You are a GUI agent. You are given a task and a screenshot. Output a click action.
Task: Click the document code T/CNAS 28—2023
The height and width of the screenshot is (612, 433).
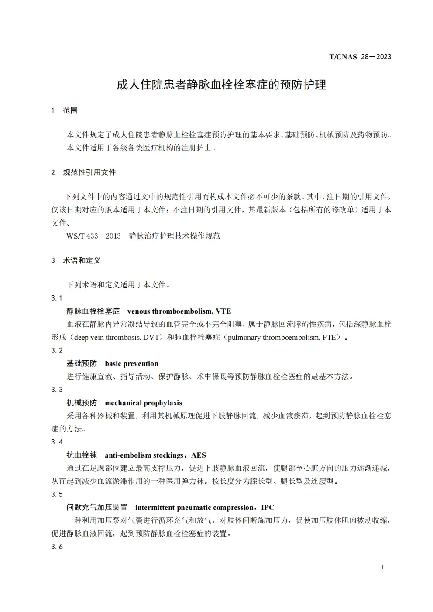point(360,57)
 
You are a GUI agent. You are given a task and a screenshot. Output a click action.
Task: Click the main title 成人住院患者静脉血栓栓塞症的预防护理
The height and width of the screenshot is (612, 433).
point(221,84)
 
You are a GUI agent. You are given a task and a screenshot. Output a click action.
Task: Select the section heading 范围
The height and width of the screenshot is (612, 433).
point(70,110)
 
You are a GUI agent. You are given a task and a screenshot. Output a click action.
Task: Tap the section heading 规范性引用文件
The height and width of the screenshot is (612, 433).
point(89,172)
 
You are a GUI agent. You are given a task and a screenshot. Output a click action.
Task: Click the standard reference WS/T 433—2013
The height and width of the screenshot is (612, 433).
point(93,236)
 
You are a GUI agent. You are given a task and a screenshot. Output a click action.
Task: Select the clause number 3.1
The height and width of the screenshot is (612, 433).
point(57,298)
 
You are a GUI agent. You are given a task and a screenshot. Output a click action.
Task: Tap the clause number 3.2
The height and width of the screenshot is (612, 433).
point(57,350)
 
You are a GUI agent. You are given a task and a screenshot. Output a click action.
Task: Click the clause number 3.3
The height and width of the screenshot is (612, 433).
point(57,390)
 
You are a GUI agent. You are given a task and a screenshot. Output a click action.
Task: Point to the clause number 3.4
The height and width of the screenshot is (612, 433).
point(57,442)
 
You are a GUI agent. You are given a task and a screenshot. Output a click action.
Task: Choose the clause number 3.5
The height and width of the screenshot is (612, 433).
point(57,494)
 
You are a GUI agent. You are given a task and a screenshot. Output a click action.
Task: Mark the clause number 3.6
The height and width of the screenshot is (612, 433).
point(57,547)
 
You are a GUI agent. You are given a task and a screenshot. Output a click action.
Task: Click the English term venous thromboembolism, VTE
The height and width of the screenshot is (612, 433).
point(179,311)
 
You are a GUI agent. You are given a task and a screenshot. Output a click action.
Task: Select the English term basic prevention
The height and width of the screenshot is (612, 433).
point(131,363)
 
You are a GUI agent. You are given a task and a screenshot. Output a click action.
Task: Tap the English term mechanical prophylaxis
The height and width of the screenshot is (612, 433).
point(143,403)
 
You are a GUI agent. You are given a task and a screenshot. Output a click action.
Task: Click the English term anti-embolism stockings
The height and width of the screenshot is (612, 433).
point(144,455)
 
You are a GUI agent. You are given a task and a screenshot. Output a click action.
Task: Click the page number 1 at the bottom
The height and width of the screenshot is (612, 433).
point(382,567)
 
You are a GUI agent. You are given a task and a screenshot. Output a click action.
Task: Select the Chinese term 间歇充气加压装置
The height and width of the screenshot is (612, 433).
point(97,507)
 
